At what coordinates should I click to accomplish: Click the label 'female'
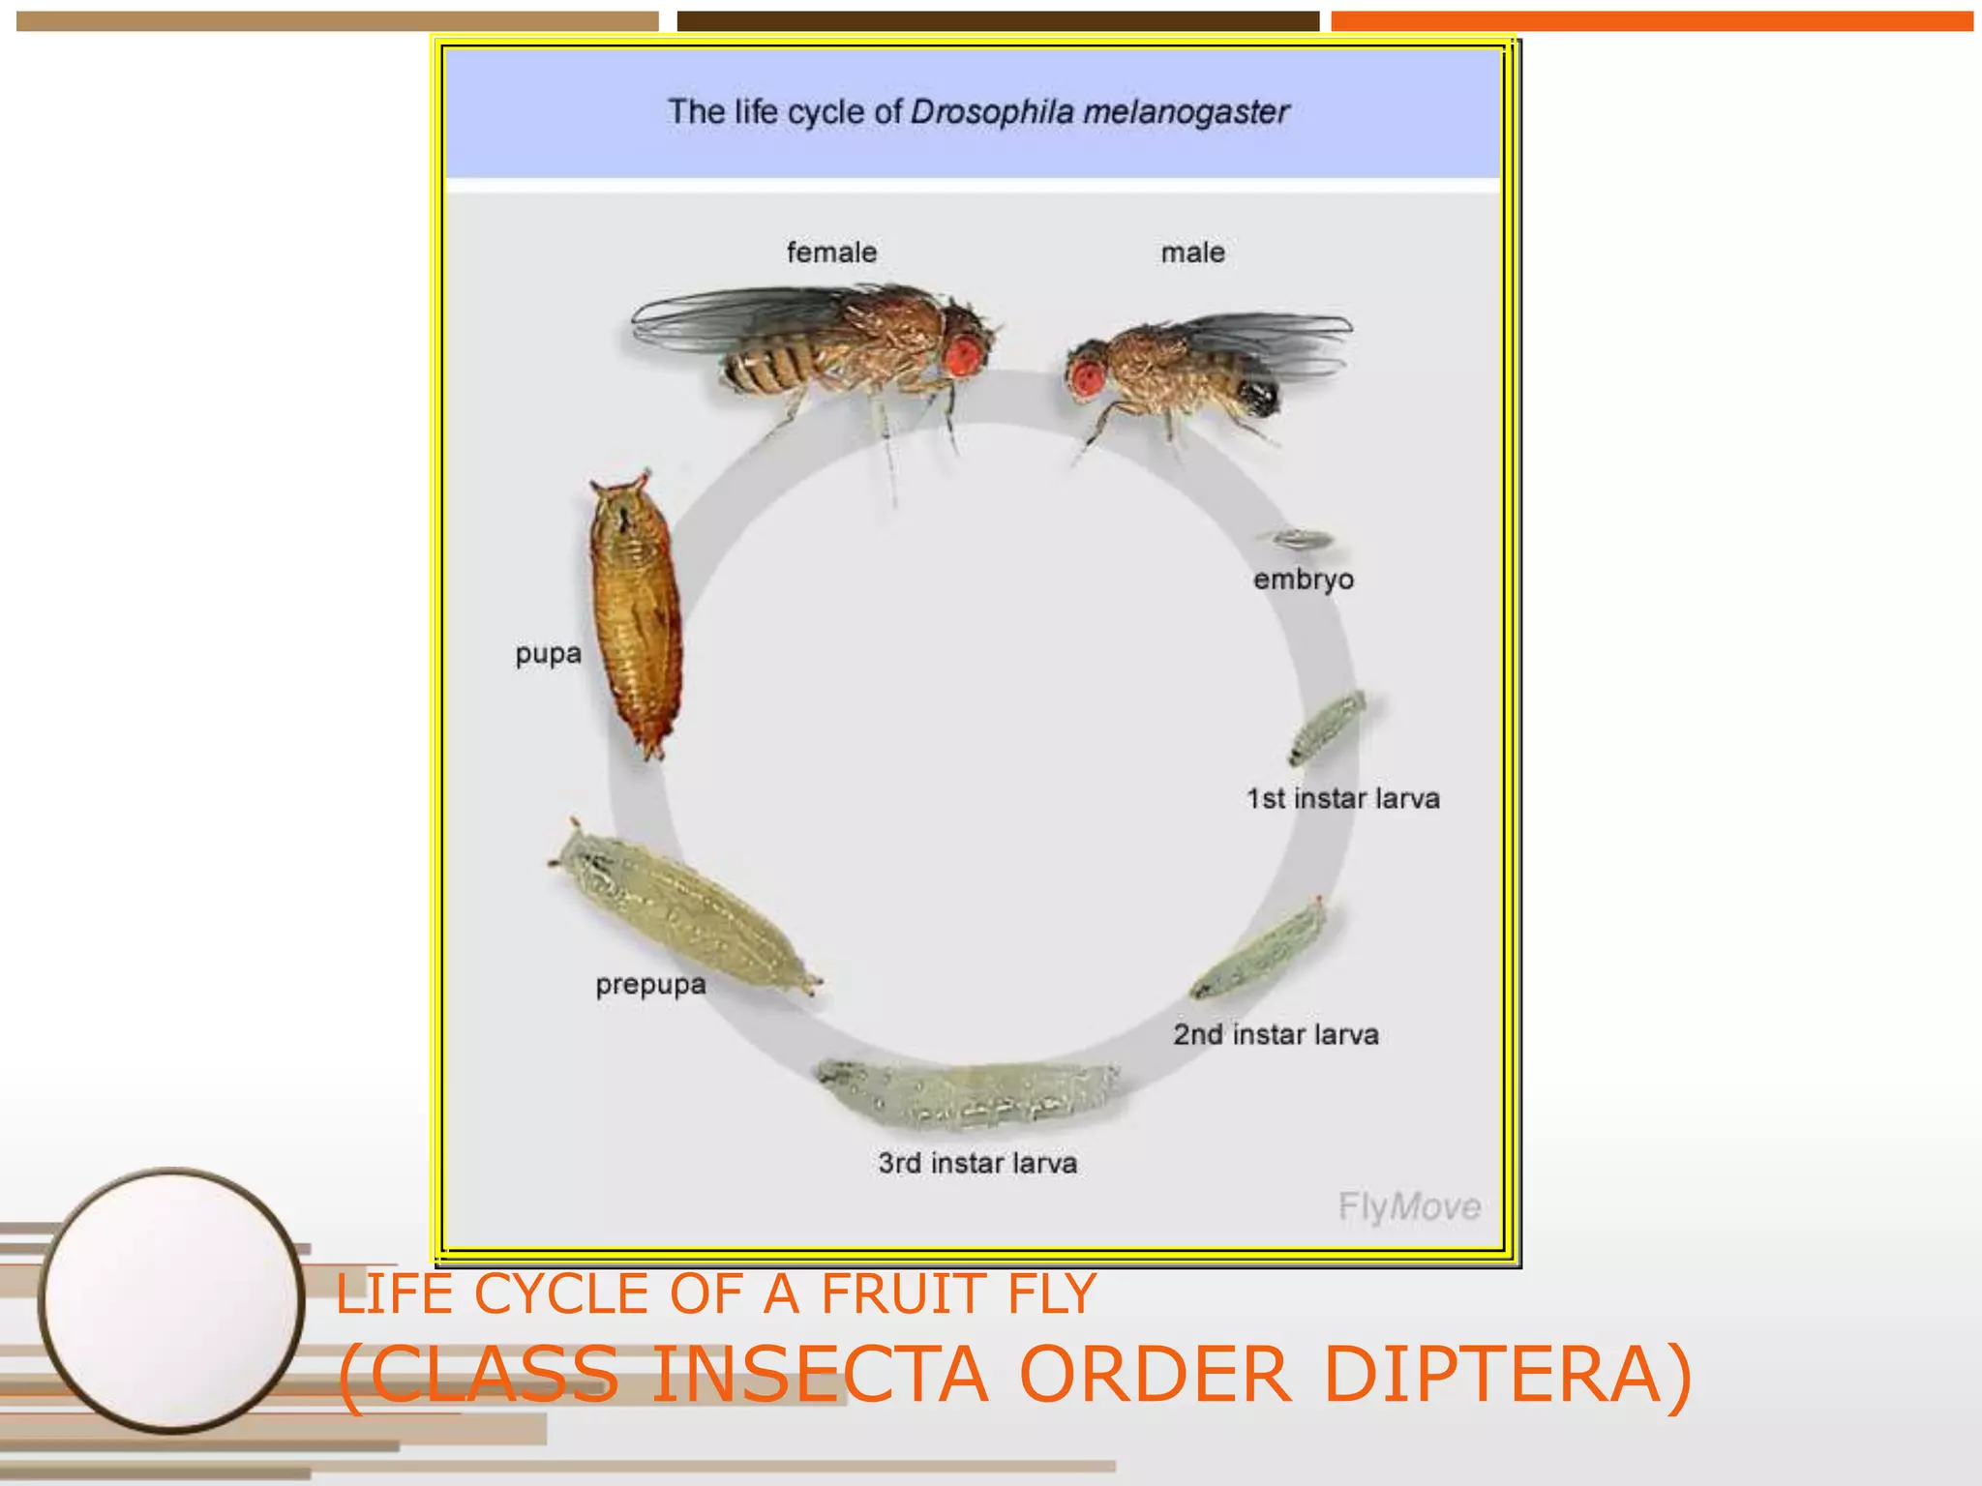[831, 253]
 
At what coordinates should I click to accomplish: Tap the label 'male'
[1192, 253]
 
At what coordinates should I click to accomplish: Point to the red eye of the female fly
[963, 355]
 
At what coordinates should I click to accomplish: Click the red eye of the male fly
[1087, 377]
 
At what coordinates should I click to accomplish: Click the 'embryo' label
[1303, 580]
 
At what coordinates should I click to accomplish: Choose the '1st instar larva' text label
[1342, 799]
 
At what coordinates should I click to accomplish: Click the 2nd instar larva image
[1258, 950]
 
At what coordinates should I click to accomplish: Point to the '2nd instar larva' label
[1276, 1034]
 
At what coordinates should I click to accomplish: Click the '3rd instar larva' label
[977, 1163]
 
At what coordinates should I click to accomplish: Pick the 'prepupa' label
[650, 985]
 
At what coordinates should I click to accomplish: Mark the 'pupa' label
[548, 654]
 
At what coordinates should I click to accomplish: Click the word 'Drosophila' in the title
[992, 112]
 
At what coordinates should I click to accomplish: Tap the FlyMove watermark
[1409, 1206]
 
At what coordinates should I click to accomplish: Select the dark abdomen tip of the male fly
[1257, 396]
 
